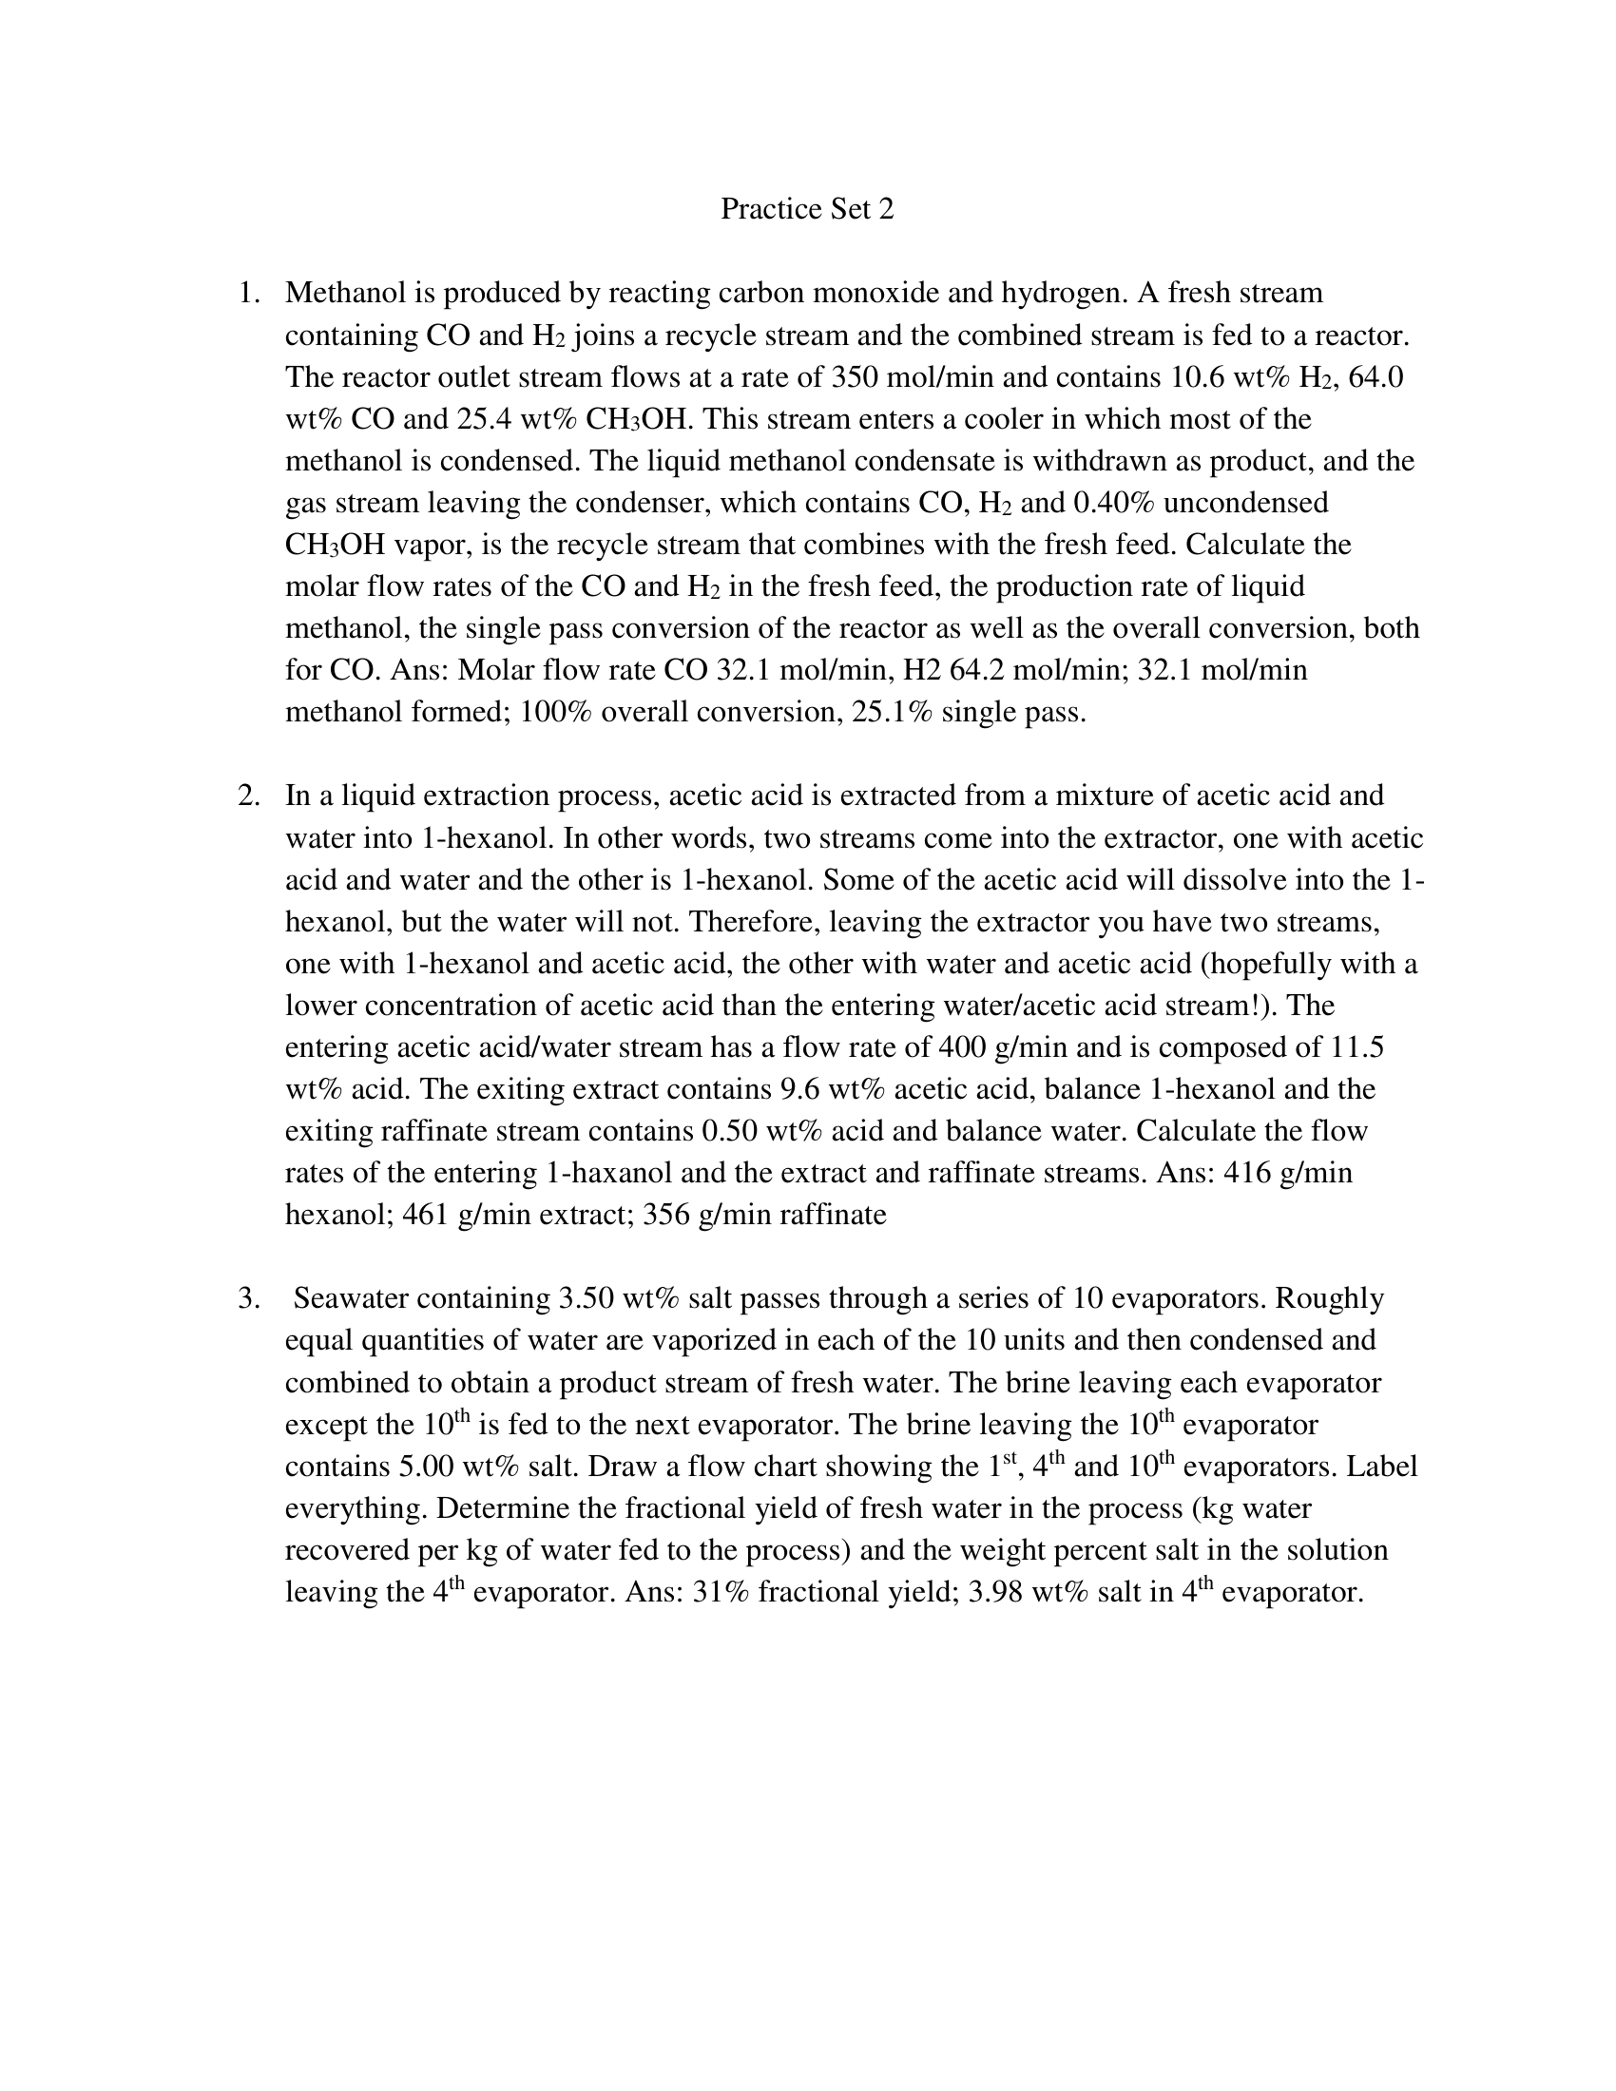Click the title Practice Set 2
tap(807, 209)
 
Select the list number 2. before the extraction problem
tap(249, 796)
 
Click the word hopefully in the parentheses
tap(1268, 963)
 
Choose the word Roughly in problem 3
tap(1330, 1299)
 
